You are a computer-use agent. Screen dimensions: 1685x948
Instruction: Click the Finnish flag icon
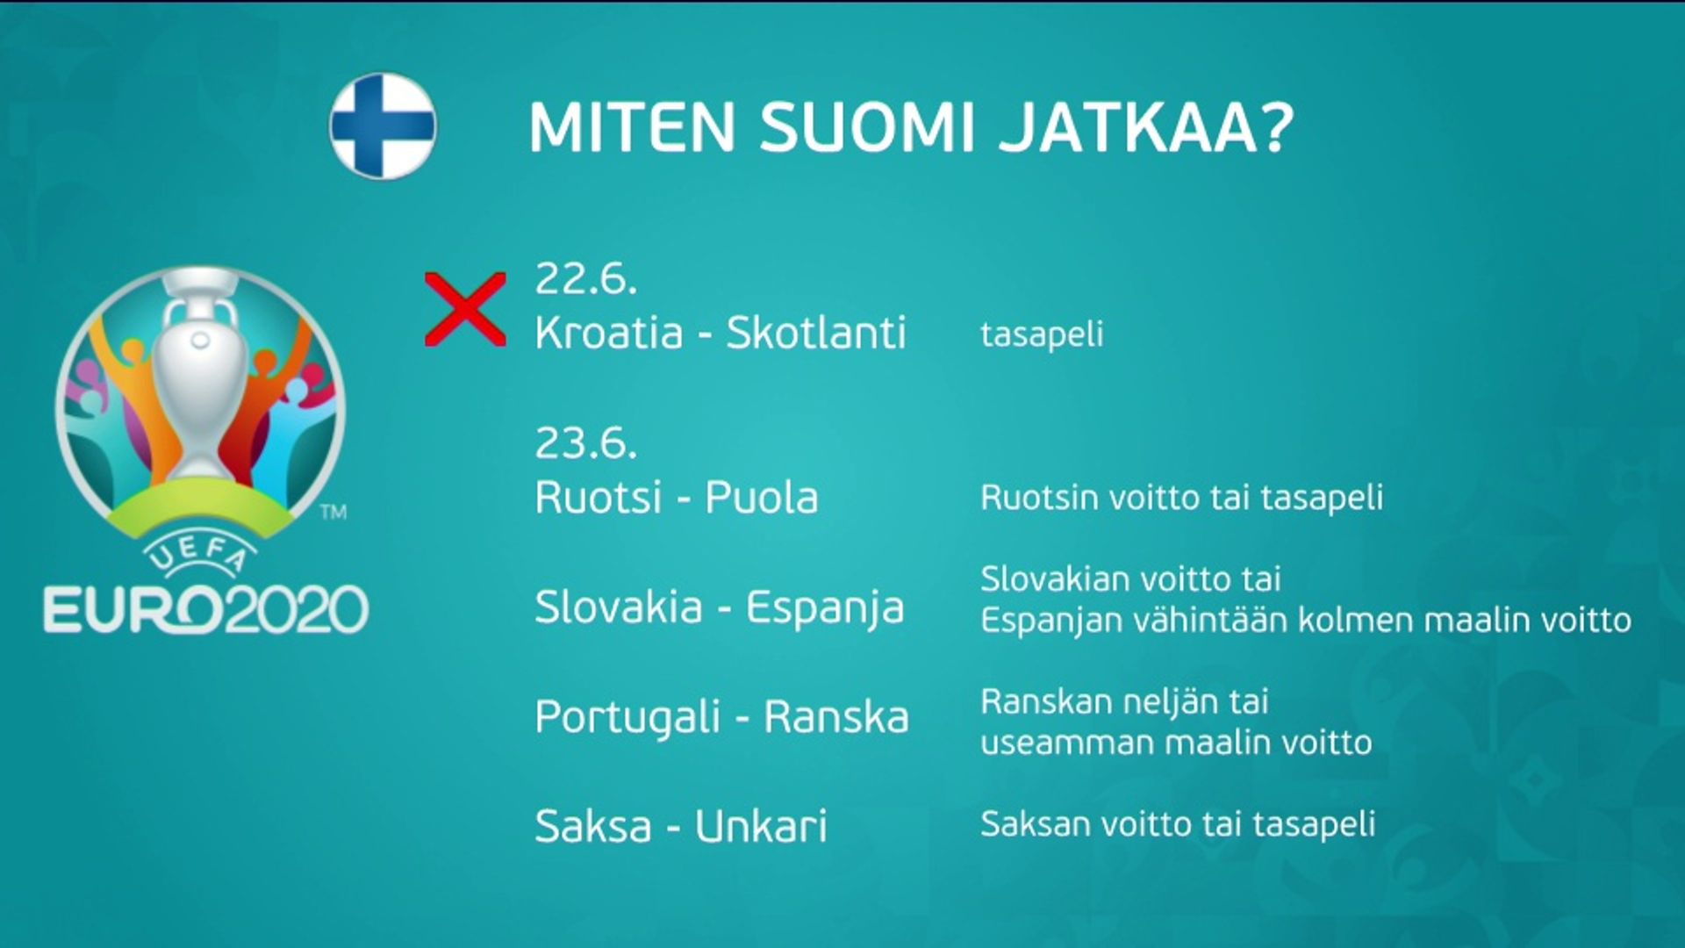coord(383,126)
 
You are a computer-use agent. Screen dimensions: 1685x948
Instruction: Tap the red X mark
coord(465,309)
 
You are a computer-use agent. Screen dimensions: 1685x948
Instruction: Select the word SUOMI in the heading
coord(867,128)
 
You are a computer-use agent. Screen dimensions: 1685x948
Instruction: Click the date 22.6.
coord(585,278)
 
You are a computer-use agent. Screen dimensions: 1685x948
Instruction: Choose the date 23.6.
coord(585,442)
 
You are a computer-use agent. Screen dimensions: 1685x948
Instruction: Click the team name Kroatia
coord(609,333)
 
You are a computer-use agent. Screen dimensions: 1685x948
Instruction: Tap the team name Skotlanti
coord(816,333)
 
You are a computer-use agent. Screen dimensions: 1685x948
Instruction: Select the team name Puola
coord(762,498)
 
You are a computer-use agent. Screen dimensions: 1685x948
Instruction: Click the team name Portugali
coord(627,718)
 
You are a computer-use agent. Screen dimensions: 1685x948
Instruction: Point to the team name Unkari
coord(761,826)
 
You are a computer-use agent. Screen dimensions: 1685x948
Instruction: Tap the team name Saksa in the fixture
coord(593,826)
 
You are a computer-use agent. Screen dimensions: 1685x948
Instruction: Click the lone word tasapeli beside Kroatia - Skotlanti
coord(1042,334)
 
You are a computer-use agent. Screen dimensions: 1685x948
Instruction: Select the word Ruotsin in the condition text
coord(1039,498)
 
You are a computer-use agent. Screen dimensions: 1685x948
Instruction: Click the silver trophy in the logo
coord(200,377)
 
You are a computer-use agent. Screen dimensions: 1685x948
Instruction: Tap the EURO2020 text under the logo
coord(206,609)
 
